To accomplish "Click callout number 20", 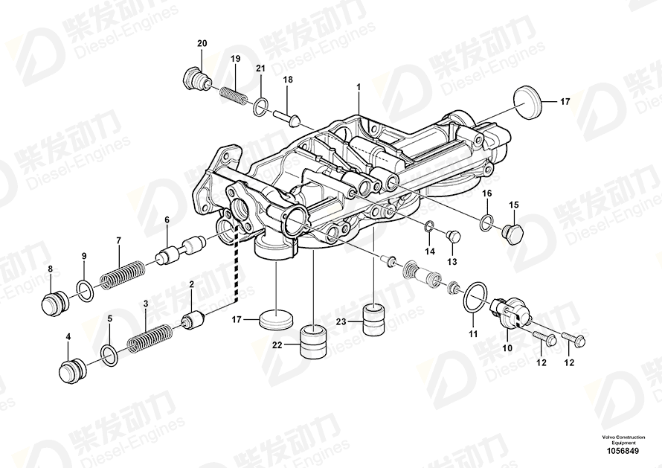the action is tap(202, 44).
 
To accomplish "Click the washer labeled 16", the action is tap(486, 221).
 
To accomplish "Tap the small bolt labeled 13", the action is tap(454, 237).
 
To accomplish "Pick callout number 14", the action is tap(430, 251).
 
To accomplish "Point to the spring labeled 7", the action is tap(122, 273).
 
